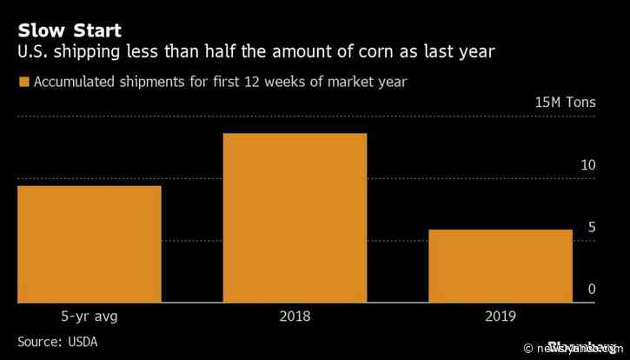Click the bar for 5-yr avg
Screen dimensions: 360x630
pos(89,244)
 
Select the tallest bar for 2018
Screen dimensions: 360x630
pos(295,218)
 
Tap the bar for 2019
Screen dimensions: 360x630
pos(501,266)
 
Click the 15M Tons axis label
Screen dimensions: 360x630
pos(566,103)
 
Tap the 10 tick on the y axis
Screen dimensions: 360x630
pos(588,165)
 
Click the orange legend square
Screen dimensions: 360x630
pos(23,83)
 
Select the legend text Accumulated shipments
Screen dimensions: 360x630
pos(104,83)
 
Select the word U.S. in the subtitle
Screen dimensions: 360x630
pos(32,53)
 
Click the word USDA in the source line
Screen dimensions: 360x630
pos(81,341)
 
